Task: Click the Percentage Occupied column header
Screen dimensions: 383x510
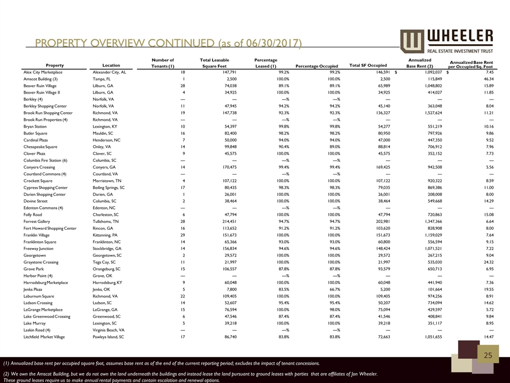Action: (317, 65)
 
